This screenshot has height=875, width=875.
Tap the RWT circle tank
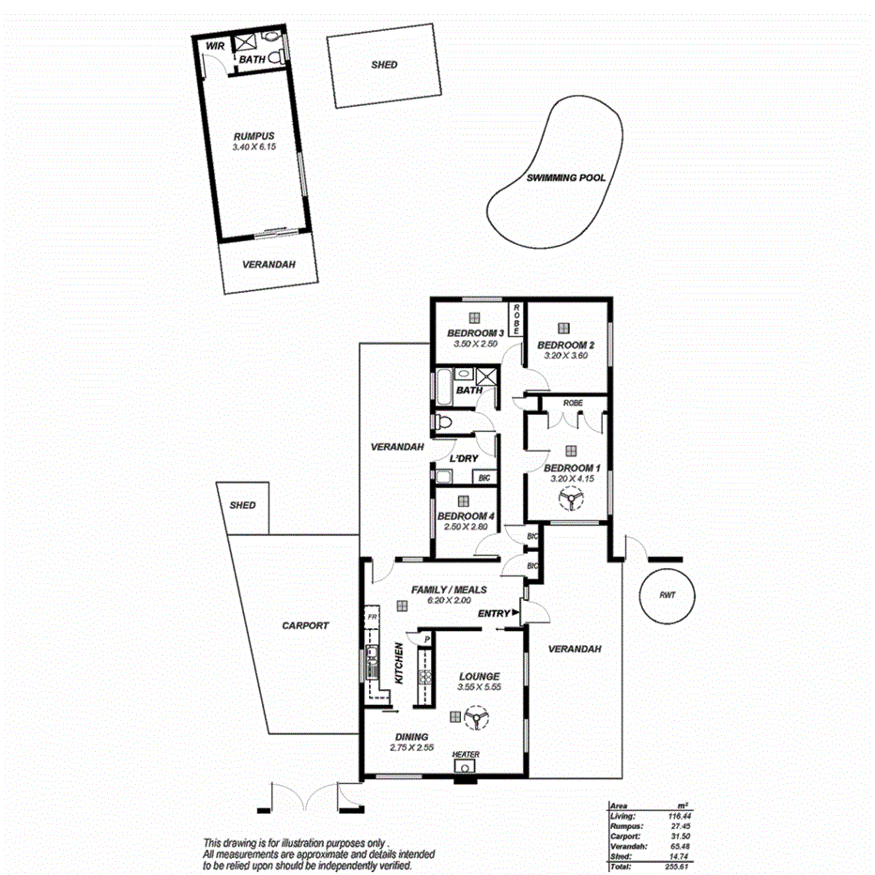[668, 595]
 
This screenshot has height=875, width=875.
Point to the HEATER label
[466, 755]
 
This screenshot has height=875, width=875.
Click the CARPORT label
[306, 625]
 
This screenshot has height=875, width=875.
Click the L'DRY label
[464, 458]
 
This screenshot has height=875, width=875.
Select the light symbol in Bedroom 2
[562, 328]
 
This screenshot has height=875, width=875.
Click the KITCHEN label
[399, 663]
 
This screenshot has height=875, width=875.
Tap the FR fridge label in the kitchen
[372, 618]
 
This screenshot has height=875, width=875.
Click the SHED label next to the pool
[384, 65]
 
